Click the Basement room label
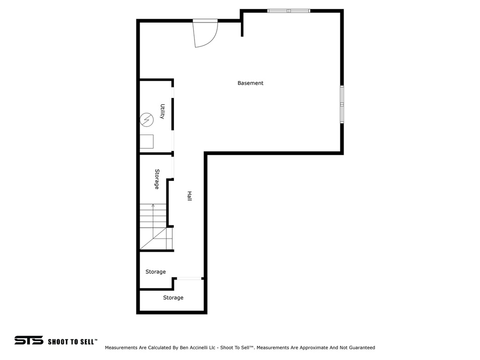click(x=250, y=83)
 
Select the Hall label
click(x=190, y=196)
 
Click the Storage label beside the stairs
click(x=157, y=179)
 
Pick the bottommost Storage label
click(x=173, y=298)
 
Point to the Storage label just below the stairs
click(x=155, y=272)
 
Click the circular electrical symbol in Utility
click(x=147, y=120)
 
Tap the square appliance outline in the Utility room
click(x=147, y=142)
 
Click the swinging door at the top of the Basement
click(x=206, y=34)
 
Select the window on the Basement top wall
click(x=289, y=10)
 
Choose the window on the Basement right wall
click(x=342, y=105)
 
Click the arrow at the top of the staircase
click(x=153, y=206)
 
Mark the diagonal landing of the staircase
click(x=155, y=239)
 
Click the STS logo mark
click(x=29, y=341)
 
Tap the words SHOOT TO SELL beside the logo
click(x=72, y=342)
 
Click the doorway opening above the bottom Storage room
click(x=189, y=279)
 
